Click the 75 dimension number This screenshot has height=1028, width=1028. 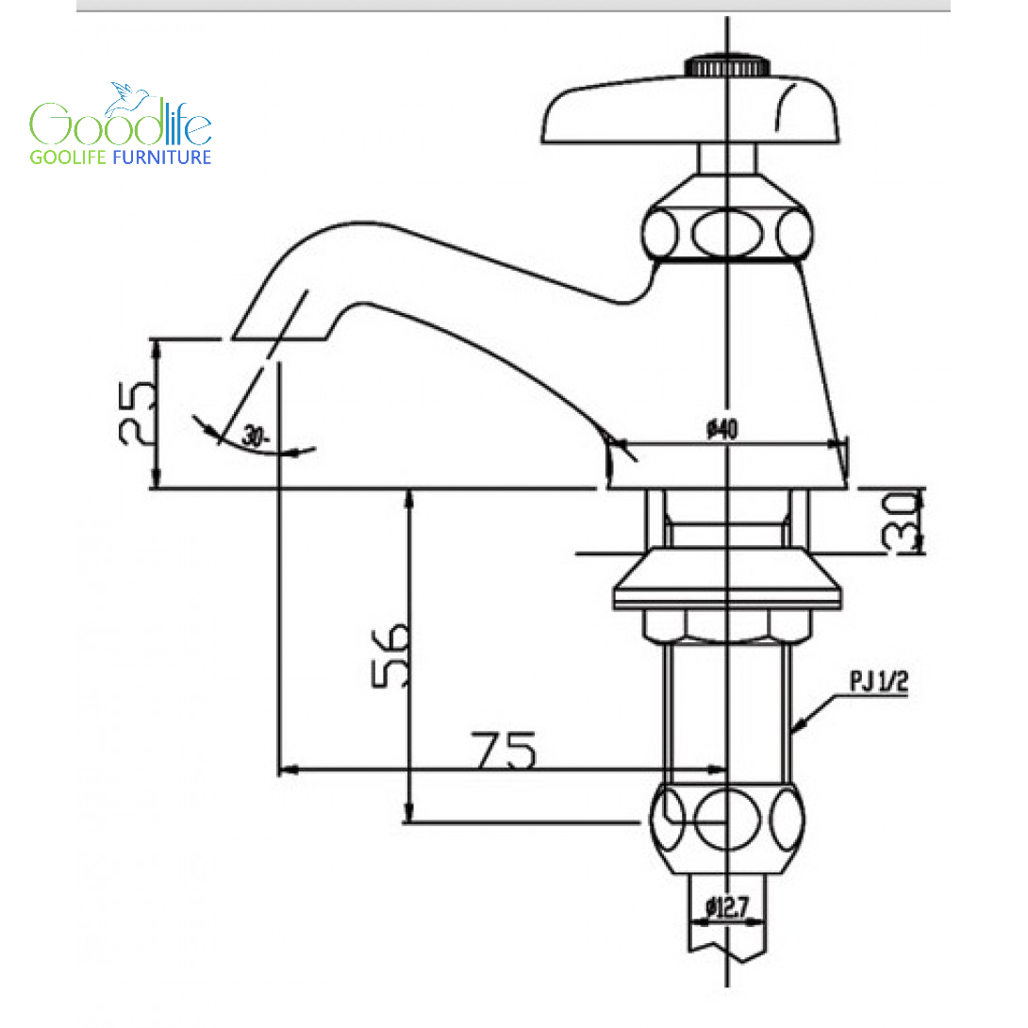click(504, 750)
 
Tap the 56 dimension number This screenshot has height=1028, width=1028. click(390, 655)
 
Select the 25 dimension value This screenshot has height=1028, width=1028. click(139, 413)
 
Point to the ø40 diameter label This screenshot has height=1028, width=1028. click(721, 429)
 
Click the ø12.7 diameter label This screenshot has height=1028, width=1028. click(726, 907)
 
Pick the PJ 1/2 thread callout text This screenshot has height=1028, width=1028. click(879, 681)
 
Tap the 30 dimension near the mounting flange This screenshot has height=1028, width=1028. click(901, 521)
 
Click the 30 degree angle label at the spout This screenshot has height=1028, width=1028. click(255, 436)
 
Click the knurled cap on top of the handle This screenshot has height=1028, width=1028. click(727, 66)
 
